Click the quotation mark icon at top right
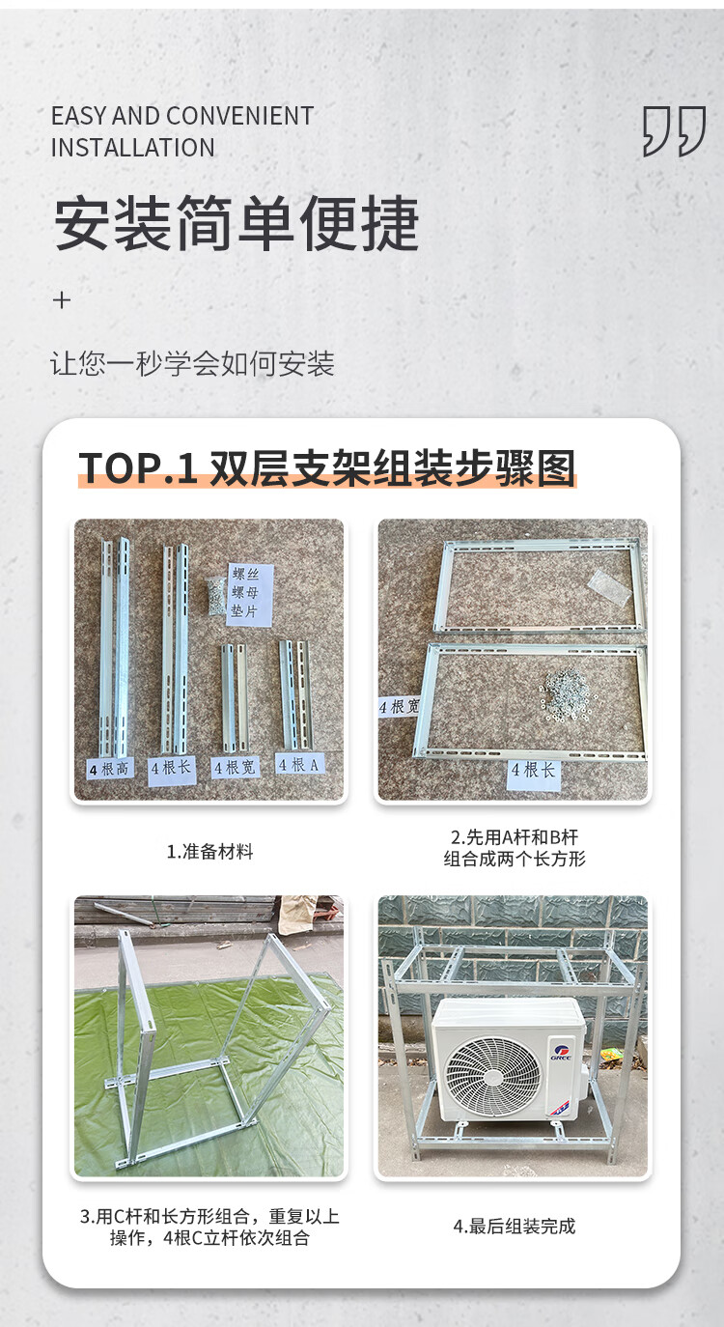674,131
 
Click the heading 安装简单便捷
237,223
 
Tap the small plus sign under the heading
62,300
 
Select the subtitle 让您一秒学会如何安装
192,363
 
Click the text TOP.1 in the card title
138,468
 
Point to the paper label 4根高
111,769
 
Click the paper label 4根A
299,764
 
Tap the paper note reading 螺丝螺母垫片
250,594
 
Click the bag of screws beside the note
215,595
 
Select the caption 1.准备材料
210,852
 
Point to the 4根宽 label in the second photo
400,706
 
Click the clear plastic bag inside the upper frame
609,587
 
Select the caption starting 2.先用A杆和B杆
515,848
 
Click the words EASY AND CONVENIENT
182,116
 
